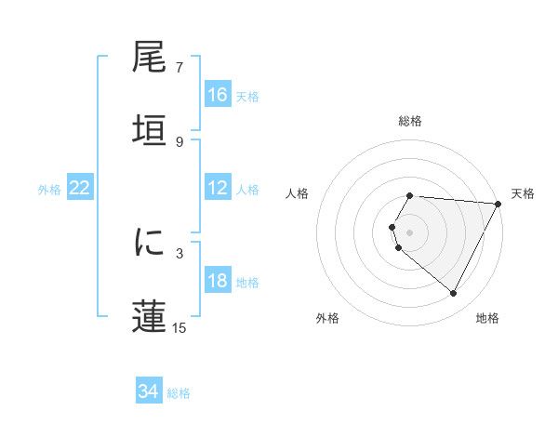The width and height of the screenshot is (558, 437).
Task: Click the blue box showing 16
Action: [218, 95]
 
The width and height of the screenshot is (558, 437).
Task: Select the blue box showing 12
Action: [218, 188]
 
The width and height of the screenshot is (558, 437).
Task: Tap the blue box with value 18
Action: [218, 281]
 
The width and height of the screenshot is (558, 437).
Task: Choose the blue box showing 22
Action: [80, 188]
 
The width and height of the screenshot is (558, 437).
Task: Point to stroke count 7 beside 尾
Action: [179, 68]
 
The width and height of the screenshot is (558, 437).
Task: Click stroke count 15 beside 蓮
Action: [179, 327]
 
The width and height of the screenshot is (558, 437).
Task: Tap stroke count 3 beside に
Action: [179, 253]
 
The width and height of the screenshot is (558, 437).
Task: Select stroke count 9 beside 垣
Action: [179, 141]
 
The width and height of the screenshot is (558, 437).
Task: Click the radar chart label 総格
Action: [410, 121]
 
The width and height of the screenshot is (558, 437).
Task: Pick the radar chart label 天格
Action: [523, 193]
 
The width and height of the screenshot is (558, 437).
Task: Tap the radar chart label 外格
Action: [327, 318]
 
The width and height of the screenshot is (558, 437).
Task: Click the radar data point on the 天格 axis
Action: [498, 203]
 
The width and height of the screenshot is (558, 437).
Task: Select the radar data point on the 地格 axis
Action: [454, 294]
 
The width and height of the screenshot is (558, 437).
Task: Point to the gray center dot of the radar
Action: [410, 232]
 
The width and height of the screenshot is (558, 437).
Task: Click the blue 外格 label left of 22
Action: [49, 189]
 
